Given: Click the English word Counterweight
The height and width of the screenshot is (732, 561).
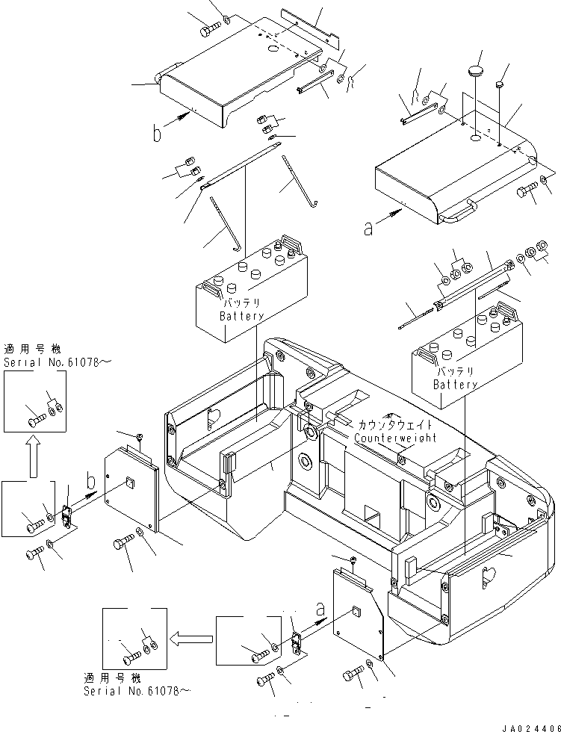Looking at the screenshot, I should [x=395, y=438].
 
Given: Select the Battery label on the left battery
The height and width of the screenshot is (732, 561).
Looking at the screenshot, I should [x=241, y=316].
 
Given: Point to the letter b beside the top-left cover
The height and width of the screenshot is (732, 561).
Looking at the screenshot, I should [x=157, y=134].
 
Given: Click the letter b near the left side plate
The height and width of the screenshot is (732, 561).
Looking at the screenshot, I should [x=90, y=479].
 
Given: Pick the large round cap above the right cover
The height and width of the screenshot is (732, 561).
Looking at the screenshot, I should [x=475, y=72].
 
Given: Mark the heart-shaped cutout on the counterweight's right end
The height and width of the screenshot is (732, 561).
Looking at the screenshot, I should [x=489, y=575].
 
